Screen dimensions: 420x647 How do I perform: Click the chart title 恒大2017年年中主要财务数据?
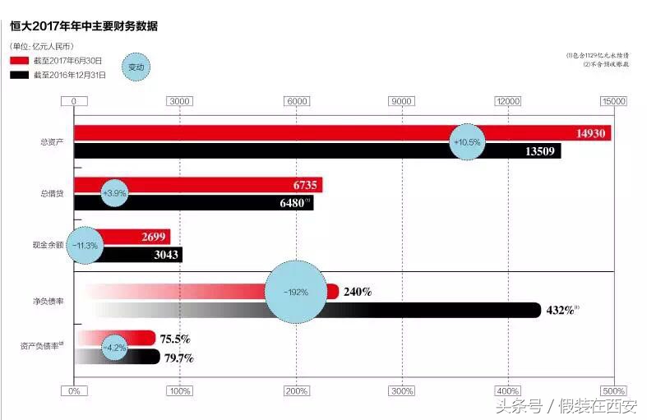click(84, 26)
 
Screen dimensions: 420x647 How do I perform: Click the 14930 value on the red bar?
click(589, 133)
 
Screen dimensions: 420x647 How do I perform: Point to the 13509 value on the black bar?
click(542, 151)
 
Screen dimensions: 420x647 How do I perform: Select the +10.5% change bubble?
click(467, 141)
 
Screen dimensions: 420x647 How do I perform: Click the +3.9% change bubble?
click(114, 193)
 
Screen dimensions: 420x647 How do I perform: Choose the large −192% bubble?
click(296, 292)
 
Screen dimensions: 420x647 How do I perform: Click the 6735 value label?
click(304, 185)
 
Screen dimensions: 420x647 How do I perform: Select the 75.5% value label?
click(175, 338)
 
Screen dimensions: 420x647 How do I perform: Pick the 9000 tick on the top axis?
click(401, 101)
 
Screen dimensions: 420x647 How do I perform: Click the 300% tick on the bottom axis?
click(401, 390)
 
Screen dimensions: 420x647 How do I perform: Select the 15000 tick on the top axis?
click(613, 101)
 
